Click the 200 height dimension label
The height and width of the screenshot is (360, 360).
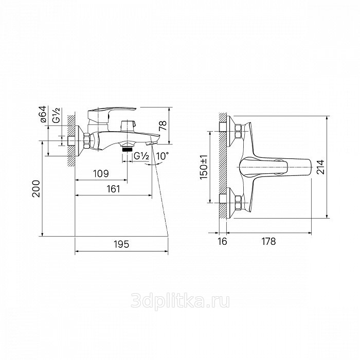(x=37, y=189)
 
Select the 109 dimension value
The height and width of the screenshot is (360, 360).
(x=101, y=174)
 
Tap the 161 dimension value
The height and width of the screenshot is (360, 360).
(x=114, y=189)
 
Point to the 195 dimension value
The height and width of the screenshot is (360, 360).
(x=122, y=244)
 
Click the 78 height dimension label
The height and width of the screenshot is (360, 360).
(x=163, y=126)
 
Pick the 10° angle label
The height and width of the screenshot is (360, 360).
(x=163, y=156)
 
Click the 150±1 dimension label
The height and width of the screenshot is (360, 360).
(x=204, y=167)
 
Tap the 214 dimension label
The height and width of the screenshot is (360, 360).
(x=320, y=167)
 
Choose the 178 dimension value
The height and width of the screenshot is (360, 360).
(x=268, y=242)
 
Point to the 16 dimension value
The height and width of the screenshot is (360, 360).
(x=222, y=242)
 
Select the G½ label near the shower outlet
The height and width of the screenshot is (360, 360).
(x=141, y=156)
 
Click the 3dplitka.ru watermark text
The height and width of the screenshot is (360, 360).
(x=180, y=301)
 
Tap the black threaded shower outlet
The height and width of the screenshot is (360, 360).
(x=128, y=149)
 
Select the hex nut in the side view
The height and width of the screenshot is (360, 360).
(x=87, y=141)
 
